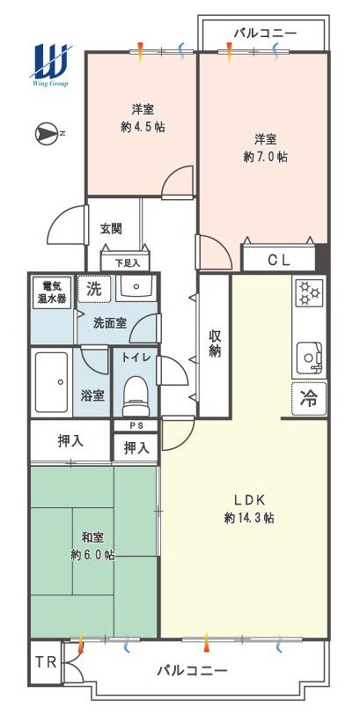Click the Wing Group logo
tap(51, 64)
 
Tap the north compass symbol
tap(47, 133)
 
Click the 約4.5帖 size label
tap(143, 128)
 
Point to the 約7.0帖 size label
tap(265, 158)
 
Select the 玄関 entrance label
tap(111, 228)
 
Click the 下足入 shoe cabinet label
tap(126, 263)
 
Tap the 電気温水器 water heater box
tap(51, 292)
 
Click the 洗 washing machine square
tap(94, 289)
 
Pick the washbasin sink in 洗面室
tap(136, 288)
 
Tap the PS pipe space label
tap(136, 425)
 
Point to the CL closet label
tap(279, 260)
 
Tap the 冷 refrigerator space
tap(309, 399)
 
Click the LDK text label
tap(249, 500)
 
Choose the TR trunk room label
tap(46, 662)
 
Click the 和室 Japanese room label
tap(92, 538)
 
